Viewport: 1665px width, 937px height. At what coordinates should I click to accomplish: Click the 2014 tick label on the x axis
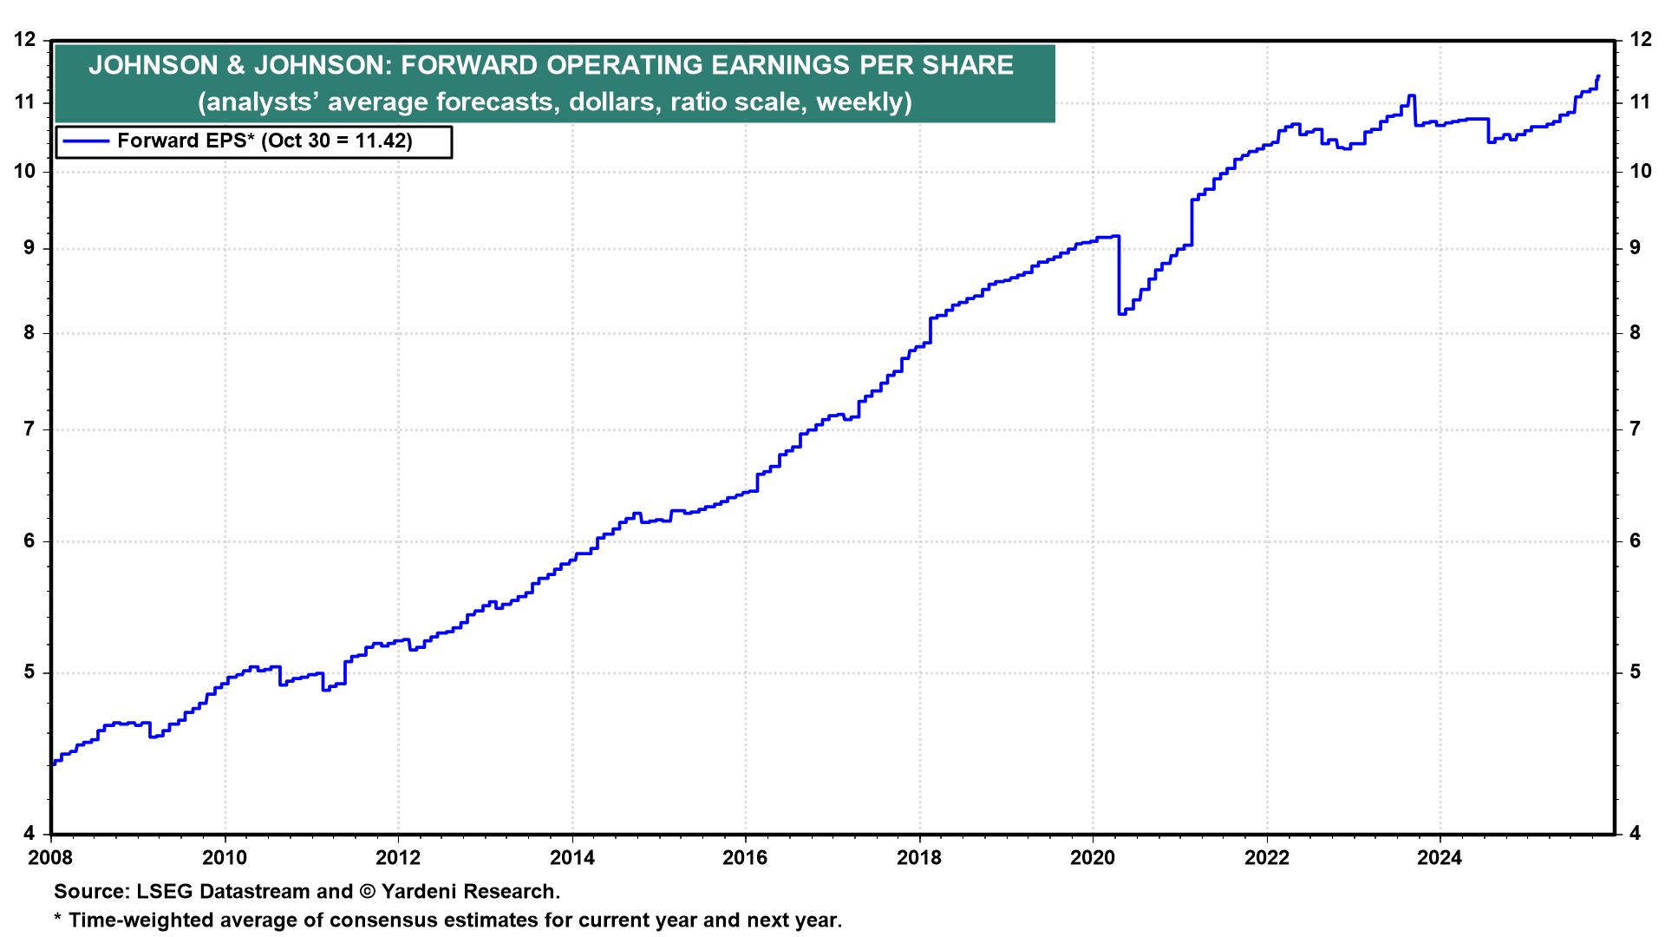click(x=571, y=859)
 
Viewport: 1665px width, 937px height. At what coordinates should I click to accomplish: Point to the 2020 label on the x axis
click(x=1093, y=859)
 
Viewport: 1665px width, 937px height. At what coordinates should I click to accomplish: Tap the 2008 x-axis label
click(x=51, y=859)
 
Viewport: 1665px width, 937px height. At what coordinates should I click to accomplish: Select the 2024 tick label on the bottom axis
click(x=1440, y=859)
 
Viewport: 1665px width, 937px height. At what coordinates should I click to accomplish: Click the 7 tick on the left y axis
click(x=30, y=429)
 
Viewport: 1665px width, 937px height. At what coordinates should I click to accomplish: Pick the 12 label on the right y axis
click(x=1639, y=39)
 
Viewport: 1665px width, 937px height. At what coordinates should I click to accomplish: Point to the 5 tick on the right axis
click(x=1635, y=672)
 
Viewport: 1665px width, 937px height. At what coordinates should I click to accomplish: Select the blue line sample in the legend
click(x=85, y=141)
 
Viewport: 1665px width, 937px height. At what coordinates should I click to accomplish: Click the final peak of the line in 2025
click(x=1598, y=76)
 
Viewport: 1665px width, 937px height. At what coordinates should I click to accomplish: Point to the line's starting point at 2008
click(x=53, y=763)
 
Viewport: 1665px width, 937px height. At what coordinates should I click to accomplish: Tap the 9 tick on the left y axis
click(x=30, y=248)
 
